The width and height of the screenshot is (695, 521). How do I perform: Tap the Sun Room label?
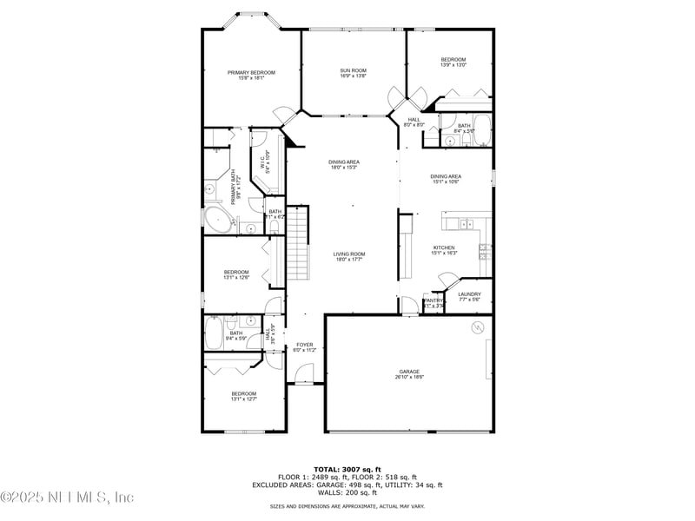pyautogui.click(x=353, y=72)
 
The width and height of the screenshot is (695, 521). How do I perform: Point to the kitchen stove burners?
pyautogui.click(x=484, y=253)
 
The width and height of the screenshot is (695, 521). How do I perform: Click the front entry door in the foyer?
pyautogui.click(x=303, y=374)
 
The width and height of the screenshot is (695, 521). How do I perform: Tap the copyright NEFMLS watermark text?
pyautogui.click(x=68, y=498)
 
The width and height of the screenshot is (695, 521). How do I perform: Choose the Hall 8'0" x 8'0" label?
pyautogui.click(x=414, y=122)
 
